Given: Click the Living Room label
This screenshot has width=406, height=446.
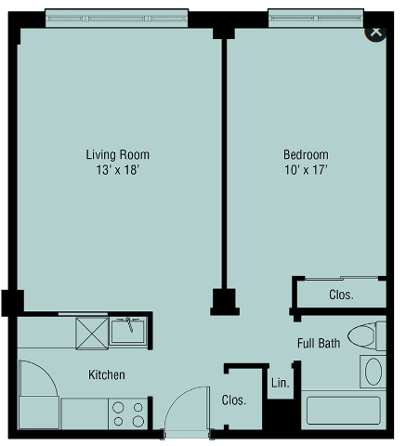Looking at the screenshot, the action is (118, 154).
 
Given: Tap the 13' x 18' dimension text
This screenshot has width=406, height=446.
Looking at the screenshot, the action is (118, 170).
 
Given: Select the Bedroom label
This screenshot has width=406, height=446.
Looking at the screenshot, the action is (306, 154).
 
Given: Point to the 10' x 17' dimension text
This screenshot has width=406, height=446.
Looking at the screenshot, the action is (306, 170).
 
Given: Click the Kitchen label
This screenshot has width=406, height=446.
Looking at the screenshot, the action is (107, 374).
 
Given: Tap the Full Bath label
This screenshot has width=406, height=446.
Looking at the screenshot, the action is (319, 343).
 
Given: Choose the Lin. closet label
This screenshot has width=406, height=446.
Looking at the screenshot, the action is (281, 383).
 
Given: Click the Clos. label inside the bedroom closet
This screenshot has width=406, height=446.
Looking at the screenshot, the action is (341, 295).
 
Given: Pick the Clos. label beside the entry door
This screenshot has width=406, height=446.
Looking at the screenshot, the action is (234, 400).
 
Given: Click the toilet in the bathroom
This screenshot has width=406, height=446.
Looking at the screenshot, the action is (367, 336).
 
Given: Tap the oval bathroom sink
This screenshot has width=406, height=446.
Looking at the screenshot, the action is (373, 372).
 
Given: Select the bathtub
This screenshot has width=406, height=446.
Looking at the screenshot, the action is (344, 411).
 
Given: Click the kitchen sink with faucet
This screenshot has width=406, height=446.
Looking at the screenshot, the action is (127, 331).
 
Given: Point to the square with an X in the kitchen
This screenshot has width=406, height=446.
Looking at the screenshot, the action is (92, 334).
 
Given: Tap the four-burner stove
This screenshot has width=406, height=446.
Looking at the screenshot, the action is (128, 413).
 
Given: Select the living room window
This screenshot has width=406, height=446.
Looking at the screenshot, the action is (117, 19).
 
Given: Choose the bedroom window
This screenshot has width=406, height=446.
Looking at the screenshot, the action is (316, 19).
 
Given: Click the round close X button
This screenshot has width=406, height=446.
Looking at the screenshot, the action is (375, 33).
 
